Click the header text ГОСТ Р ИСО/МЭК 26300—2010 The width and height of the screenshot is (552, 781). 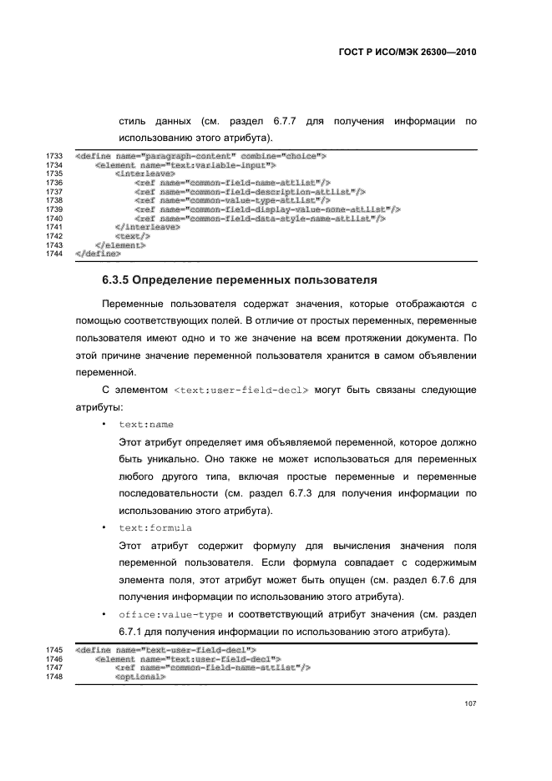point(406,52)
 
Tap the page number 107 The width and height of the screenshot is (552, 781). point(470,704)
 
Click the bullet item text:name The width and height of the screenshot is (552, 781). point(146,425)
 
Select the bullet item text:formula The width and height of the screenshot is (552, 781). point(155,528)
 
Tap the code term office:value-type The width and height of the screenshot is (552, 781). point(170,615)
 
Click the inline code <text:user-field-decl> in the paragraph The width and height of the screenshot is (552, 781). point(242,390)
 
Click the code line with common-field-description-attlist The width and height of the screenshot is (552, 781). point(250,191)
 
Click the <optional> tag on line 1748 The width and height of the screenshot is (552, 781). point(140,677)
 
